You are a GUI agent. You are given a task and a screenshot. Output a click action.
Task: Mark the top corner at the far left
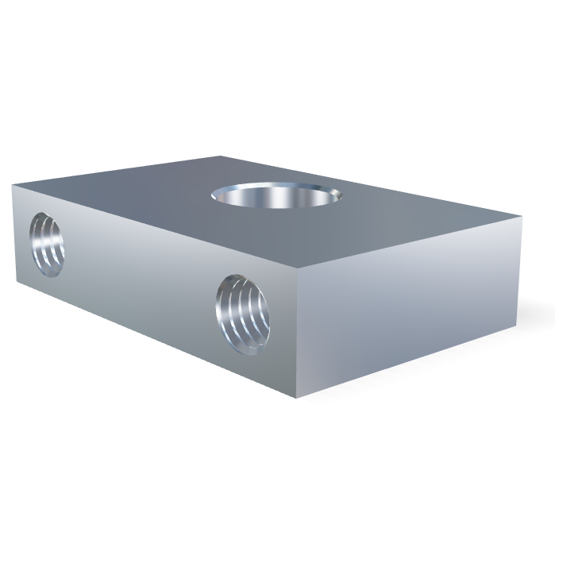[13, 184]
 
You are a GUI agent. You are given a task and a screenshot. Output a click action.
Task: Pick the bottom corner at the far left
[13, 268]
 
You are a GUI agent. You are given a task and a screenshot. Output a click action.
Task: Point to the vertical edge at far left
[13, 226]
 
